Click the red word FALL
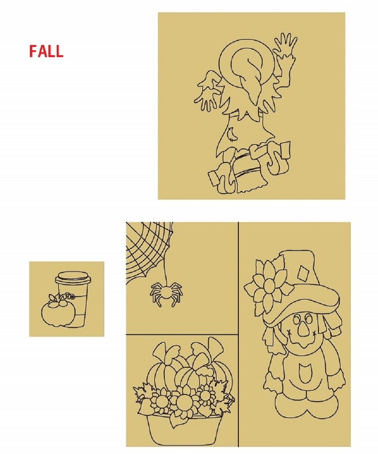[x=46, y=51]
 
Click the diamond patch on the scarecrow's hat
[x=302, y=273]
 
